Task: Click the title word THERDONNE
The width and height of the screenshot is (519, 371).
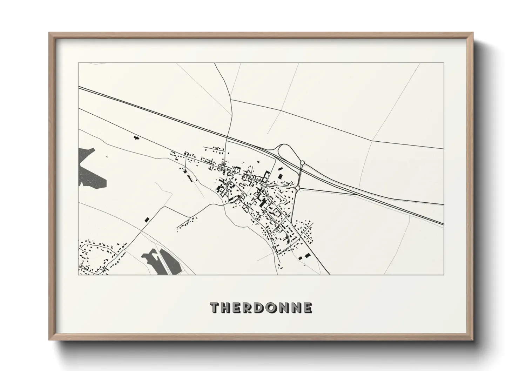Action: (261, 308)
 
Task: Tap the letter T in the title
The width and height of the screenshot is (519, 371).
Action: (215, 308)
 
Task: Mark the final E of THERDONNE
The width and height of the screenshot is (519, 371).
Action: (308, 308)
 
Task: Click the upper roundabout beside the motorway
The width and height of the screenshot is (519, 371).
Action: (302, 163)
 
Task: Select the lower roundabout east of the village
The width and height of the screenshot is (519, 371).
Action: (298, 188)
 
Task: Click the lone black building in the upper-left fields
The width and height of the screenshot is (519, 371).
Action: (136, 138)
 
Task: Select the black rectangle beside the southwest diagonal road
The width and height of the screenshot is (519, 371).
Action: (147, 220)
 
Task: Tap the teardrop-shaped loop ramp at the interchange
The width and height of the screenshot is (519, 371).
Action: (284, 151)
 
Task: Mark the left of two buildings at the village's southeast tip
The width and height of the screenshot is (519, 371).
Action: (301, 258)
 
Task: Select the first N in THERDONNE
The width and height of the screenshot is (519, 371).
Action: (285, 308)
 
